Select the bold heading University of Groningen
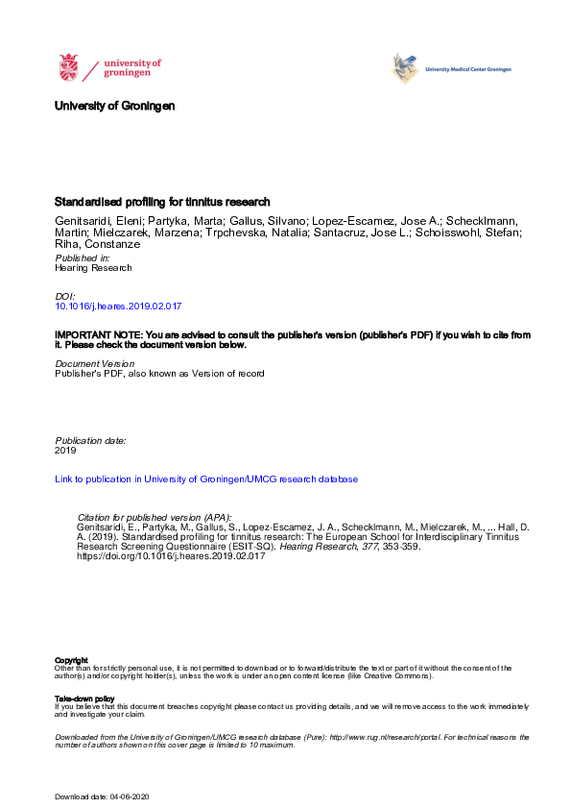point(115,106)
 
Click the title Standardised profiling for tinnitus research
point(162,202)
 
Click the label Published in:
point(83,258)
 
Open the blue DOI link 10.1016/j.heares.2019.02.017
point(120,305)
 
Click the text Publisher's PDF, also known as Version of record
point(159,374)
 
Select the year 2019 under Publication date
point(66,450)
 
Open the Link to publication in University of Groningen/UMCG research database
point(206,478)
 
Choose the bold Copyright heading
point(71,660)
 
